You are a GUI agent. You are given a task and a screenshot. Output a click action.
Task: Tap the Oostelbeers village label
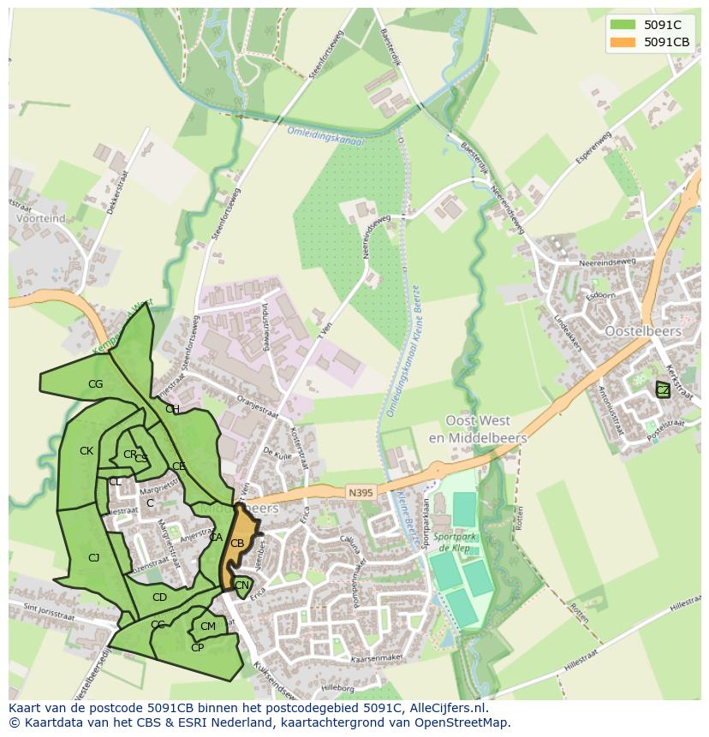(x=642, y=331)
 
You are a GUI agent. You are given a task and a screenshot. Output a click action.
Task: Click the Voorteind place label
(x=40, y=218)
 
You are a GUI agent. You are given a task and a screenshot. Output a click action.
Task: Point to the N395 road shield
(x=361, y=492)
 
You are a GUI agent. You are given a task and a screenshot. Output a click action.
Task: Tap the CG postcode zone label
(x=95, y=384)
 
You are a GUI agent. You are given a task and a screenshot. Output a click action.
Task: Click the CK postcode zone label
(x=86, y=451)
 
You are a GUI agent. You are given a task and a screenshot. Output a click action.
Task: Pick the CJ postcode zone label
(x=94, y=558)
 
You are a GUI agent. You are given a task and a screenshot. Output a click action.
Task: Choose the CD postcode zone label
(x=159, y=597)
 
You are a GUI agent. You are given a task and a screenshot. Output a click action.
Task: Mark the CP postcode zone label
(x=197, y=648)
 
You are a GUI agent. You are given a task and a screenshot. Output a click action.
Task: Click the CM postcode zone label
(x=208, y=627)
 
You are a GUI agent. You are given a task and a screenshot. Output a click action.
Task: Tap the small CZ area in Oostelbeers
(x=663, y=390)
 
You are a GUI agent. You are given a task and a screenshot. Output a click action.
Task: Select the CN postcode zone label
(x=241, y=586)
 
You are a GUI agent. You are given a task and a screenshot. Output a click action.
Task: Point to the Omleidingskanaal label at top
(x=325, y=136)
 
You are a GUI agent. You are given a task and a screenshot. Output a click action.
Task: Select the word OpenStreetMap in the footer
(x=463, y=722)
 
